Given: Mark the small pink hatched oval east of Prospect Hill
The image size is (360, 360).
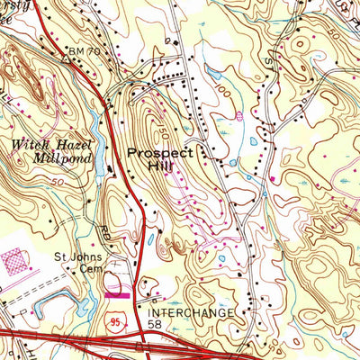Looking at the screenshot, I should pos(239,115).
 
